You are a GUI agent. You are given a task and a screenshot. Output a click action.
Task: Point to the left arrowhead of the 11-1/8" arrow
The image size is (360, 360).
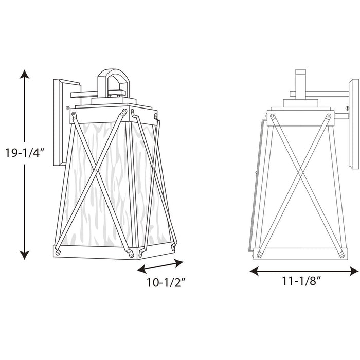254,271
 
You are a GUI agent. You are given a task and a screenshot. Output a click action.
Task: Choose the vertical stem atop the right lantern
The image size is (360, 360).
301,82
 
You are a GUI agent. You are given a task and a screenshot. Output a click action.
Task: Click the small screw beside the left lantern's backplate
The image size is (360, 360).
69,107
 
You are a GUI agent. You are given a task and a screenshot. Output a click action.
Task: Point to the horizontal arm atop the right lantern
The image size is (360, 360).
319,94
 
